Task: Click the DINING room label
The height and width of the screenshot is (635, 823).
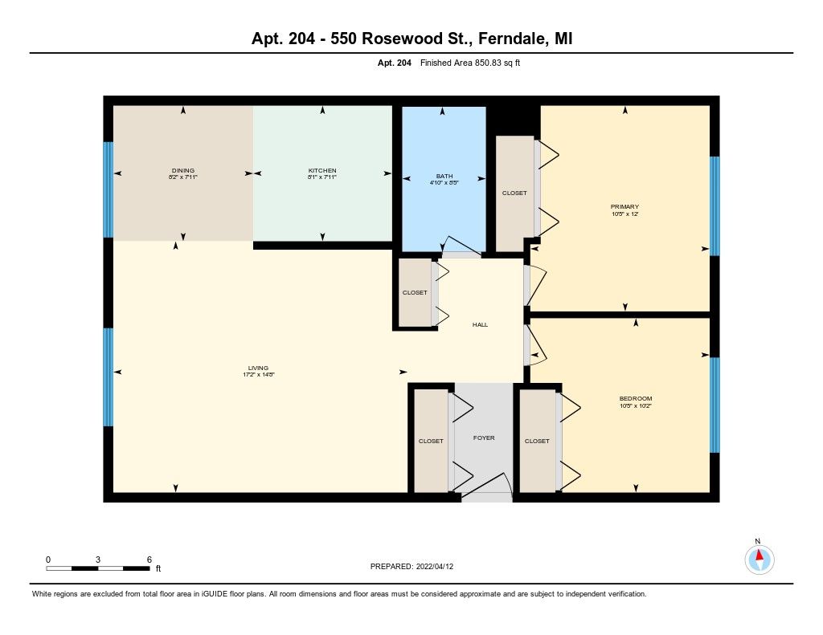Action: [183, 170]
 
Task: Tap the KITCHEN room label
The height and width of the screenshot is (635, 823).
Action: [322, 170]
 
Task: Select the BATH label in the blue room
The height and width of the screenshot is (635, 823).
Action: [444, 176]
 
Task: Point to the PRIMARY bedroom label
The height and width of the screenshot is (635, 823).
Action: [624, 206]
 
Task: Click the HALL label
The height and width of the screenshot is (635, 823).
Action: [480, 324]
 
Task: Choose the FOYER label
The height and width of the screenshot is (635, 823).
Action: [483, 438]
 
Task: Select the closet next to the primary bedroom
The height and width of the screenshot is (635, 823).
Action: [514, 193]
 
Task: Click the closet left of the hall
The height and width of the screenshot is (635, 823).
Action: [415, 293]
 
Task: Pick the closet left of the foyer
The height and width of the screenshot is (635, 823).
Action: [431, 441]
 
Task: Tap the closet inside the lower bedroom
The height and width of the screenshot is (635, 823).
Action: [537, 441]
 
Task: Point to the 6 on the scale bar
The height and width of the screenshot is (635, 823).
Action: [149, 559]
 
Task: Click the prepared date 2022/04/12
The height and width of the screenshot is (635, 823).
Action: [439, 566]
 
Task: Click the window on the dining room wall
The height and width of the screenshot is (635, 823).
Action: [108, 189]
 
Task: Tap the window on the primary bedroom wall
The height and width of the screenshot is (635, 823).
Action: [714, 206]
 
